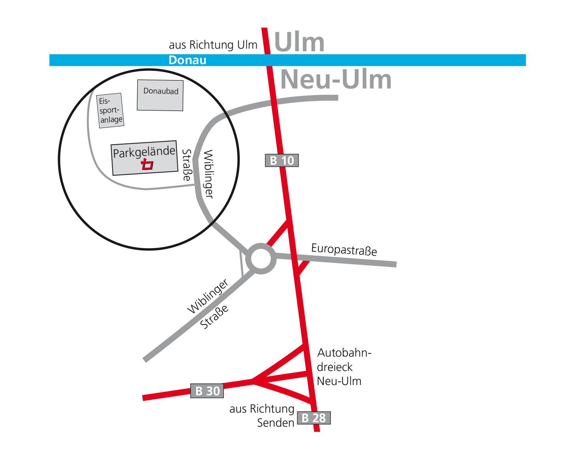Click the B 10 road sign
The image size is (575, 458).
tap(282, 160)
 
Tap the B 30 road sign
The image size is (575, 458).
tap(207, 391)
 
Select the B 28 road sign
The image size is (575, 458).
tap(314, 418)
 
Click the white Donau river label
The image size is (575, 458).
tap(187, 60)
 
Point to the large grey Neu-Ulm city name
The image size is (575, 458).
tap(336, 79)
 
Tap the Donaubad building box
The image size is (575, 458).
tap(160, 95)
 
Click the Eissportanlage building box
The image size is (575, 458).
tap(110, 110)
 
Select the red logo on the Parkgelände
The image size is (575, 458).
tap(147, 164)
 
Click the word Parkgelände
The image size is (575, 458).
tap(144, 152)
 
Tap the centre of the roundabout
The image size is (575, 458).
tap(261, 259)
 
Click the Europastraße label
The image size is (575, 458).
tap(344, 250)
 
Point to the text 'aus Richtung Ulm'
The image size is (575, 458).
tap(213, 45)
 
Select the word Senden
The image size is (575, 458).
tap(276, 423)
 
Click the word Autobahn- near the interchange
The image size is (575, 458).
tap(344, 353)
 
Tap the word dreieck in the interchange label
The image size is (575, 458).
tap(335, 367)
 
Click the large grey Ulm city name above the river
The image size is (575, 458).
tap(299, 42)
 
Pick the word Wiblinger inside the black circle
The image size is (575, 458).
tap(209, 174)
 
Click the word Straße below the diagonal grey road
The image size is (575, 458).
tap(214, 317)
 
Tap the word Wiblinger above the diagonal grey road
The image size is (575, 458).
tap(208, 296)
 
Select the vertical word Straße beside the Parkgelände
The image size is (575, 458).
tap(187, 165)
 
